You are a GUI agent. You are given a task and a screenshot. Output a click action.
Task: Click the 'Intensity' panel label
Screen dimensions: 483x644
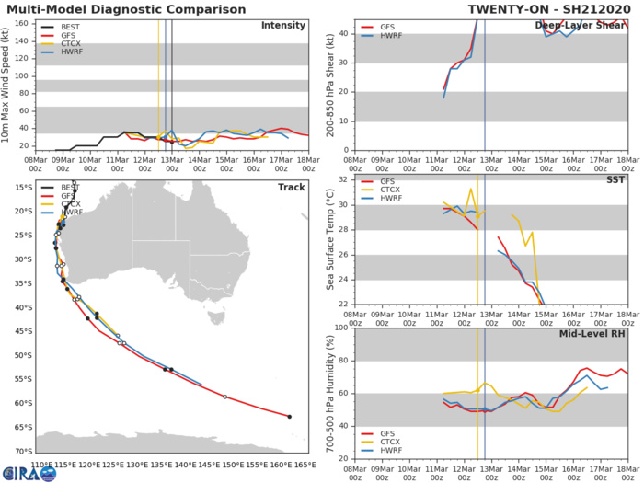(x=283, y=25)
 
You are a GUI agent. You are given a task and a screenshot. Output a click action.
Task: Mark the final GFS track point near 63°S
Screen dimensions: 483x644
(x=289, y=417)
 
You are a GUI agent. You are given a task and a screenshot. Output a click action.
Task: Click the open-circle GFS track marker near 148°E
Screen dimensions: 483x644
(x=224, y=397)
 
